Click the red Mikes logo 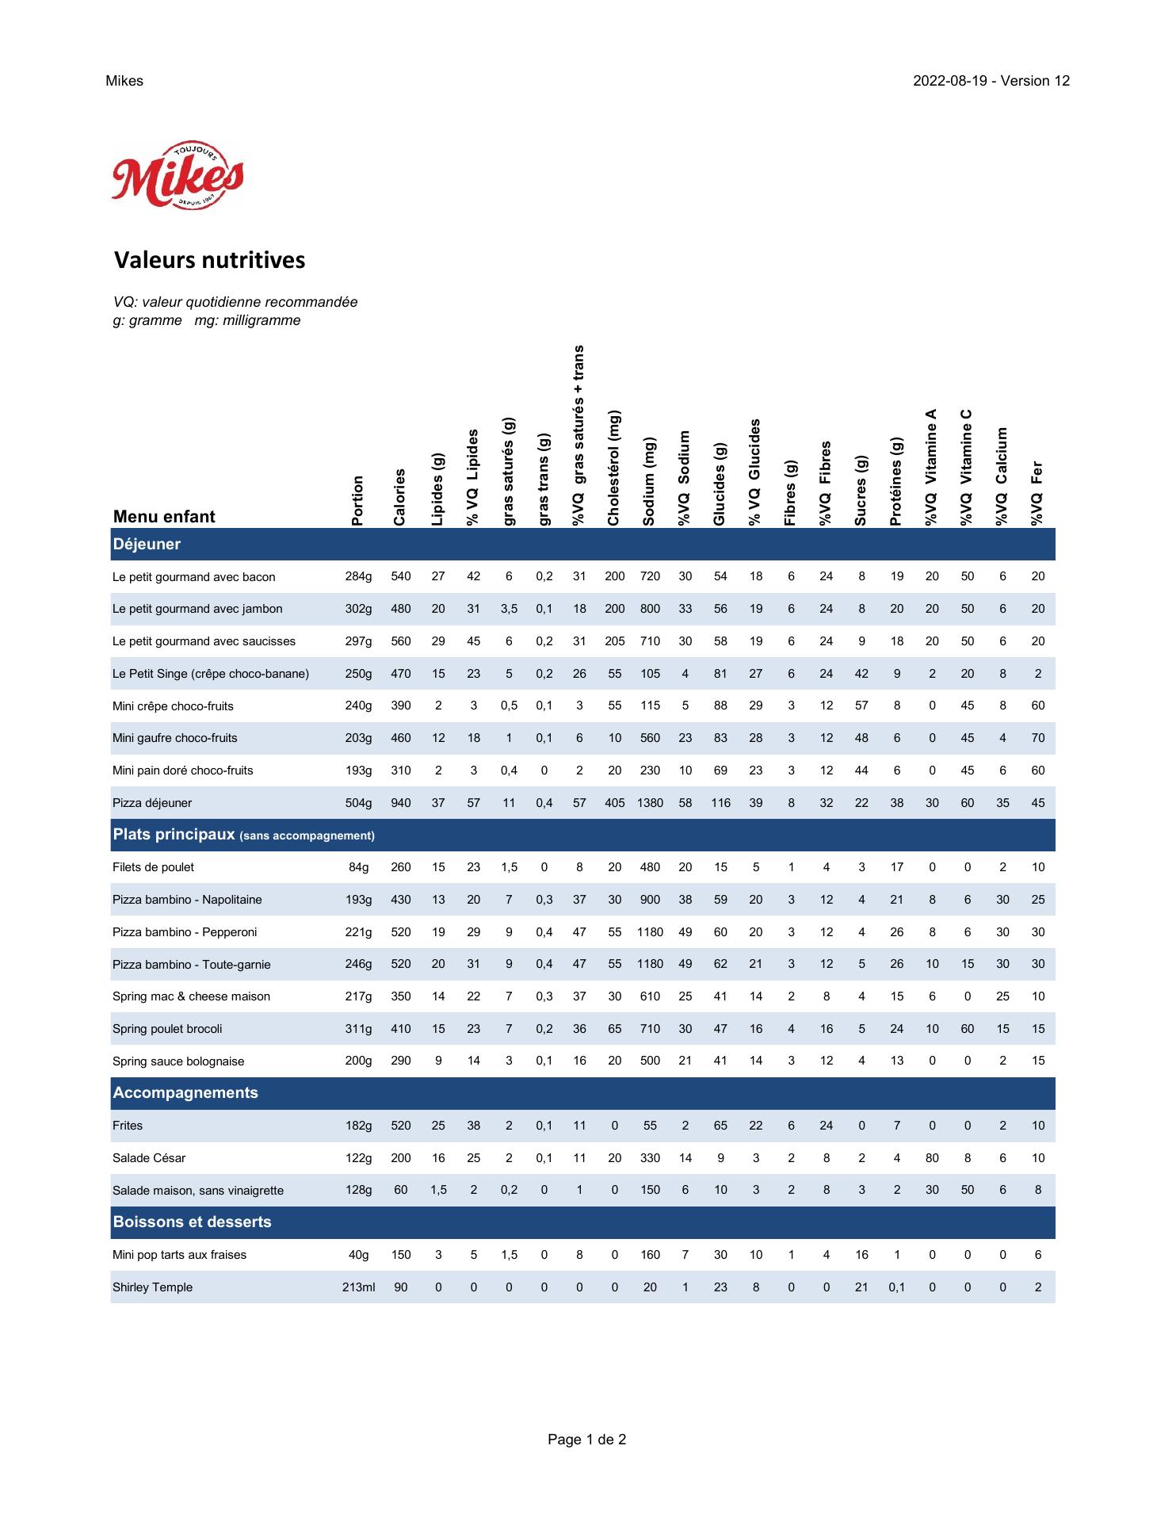coord(178,175)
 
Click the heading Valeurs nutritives coord(209,260)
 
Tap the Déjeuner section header coord(147,545)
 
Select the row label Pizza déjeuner coord(152,803)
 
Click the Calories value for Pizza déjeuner coord(401,803)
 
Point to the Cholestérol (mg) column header coord(614,468)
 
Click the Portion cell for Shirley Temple coord(358,1287)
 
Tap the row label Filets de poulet coord(153,867)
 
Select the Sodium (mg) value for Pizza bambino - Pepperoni coord(650,932)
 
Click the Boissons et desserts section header coord(193,1222)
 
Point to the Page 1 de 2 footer coord(586,1440)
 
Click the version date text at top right coord(991,81)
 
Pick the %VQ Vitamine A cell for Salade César coord(932,1158)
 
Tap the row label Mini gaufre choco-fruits coord(175,738)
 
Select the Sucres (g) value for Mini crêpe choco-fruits coord(861,706)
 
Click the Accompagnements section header coord(185,1093)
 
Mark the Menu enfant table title coord(164,517)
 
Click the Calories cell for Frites coord(401,1126)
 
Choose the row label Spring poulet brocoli coord(167,1029)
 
